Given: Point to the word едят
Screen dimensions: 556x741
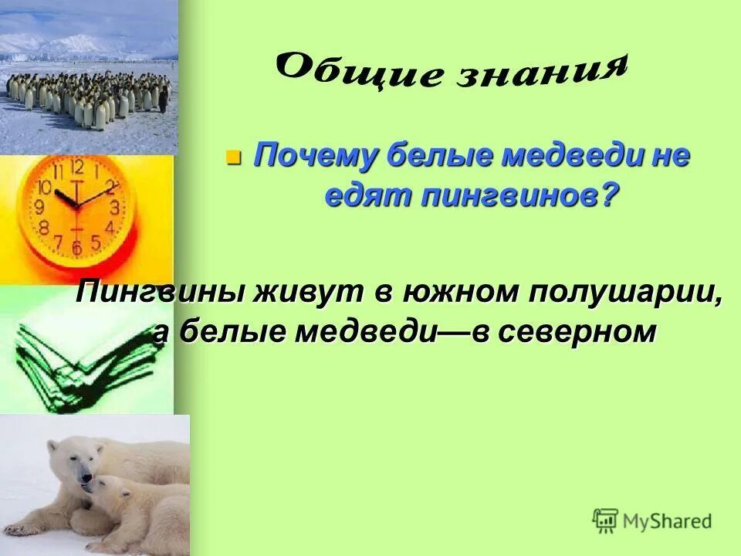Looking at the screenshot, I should [x=367, y=197].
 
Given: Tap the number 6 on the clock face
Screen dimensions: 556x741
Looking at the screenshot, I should [x=76, y=247].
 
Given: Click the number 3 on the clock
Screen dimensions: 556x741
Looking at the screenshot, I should [x=114, y=207].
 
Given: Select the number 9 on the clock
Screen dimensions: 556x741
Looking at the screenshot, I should [x=39, y=207].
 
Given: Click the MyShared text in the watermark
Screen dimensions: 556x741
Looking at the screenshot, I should [x=667, y=521].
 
